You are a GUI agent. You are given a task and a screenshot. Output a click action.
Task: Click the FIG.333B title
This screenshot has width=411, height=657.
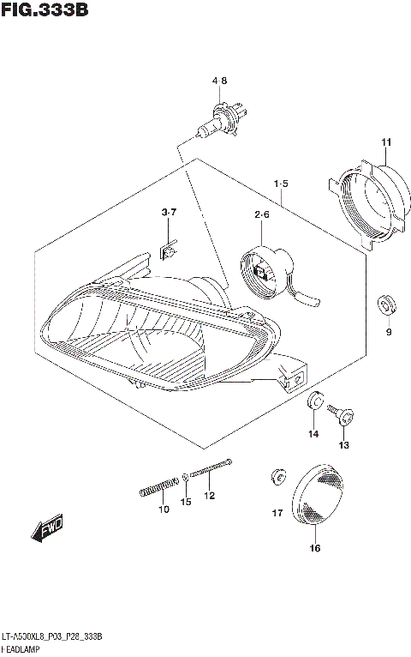[45, 11]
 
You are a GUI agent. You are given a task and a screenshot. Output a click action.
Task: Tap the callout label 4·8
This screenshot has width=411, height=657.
[220, 81]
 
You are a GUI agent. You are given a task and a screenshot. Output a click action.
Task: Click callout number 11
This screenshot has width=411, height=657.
[386, 142]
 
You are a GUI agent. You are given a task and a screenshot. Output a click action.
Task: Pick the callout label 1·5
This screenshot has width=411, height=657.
[281, 184]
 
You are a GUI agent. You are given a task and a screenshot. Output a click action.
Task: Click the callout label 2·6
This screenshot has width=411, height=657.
[261, 214]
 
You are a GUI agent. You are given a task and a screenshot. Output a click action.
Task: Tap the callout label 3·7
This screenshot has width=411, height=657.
[169, 212]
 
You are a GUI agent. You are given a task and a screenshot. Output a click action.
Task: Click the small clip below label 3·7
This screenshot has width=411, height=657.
[170, 250]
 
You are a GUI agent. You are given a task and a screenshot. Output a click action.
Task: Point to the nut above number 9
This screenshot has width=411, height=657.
[385, 303]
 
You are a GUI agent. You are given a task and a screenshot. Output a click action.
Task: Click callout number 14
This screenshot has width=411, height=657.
[313, 435]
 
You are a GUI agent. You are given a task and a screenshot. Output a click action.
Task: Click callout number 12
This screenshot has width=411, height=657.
[209, 496]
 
